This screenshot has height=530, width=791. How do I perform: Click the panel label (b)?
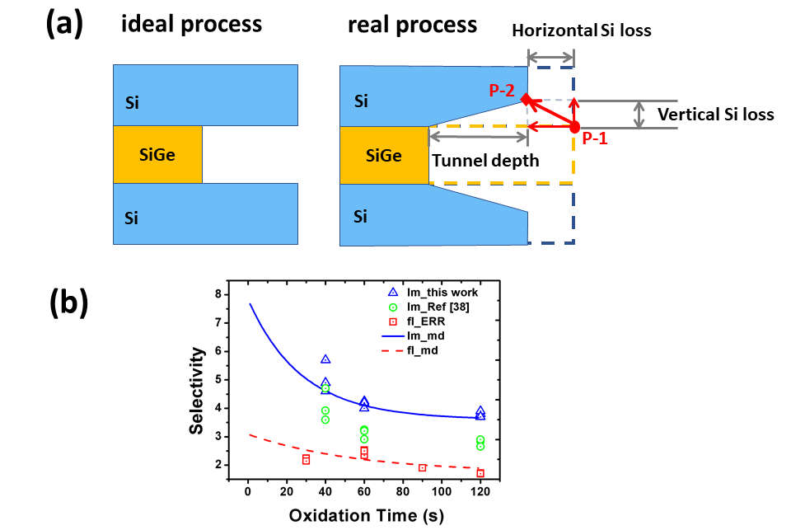point(63,303)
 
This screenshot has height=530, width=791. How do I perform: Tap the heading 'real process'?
point(412,25)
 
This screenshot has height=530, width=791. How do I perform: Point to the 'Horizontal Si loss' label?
point(581,31)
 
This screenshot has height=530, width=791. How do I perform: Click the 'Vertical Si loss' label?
point(715,115)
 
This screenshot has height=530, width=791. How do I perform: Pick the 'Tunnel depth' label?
point(484,160)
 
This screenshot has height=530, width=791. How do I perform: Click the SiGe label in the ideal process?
point(157,155)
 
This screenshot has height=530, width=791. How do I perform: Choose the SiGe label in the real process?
point(383,155)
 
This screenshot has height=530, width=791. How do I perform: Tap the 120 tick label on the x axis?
point(480,491)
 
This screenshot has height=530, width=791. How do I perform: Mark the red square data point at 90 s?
point(422,467)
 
